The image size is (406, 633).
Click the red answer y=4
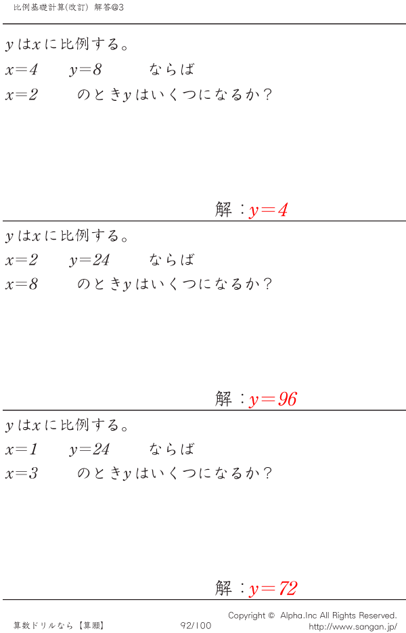(269, 211)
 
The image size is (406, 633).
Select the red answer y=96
(273, 399)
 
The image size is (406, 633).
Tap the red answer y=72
(273, 588)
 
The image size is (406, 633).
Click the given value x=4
(22, 70)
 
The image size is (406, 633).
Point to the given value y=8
(85, 70)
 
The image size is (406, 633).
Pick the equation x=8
(22, 284)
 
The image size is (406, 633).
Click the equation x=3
(22, 473)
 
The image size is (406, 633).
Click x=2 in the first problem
(22, 95)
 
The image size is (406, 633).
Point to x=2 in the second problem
(22, 260)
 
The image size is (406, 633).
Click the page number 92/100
(196, 626)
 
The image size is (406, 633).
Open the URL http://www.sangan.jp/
(353, 627)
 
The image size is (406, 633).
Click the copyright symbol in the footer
(271, 615)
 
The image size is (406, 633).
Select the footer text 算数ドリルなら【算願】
(59, 626)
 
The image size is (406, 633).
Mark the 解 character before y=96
(223, 399)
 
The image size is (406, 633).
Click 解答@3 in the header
(109, 7)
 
